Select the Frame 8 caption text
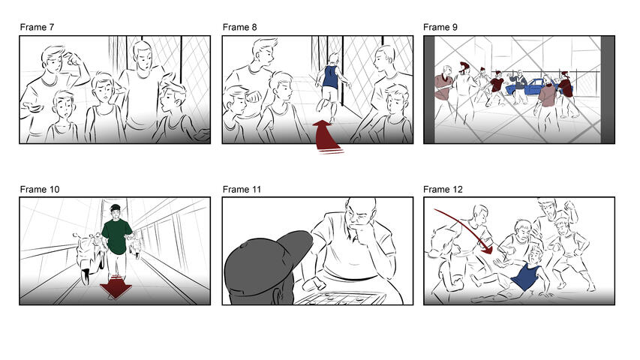pos(239,28)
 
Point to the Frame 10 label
pos(40,189)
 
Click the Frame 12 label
pos(443,189)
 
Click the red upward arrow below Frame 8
pos(324,136)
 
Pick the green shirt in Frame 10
pos(117,234)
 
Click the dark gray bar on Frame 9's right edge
pos(607,89)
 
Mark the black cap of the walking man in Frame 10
pos(115,208)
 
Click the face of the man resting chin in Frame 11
pos(359,218)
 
